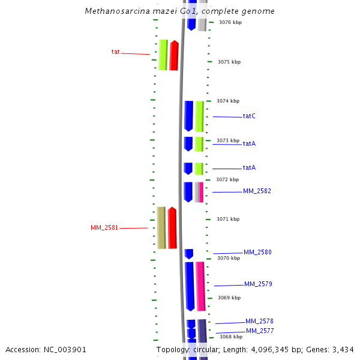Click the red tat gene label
click(115, 52)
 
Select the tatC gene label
click(249, 116)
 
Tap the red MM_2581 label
click(104, 228)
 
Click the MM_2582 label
click(257, 191)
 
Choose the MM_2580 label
click(257, 252)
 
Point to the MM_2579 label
click(258, 284)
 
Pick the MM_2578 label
click(259, 321)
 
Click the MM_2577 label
click(260, 331)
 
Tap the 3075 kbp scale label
click(229, 62)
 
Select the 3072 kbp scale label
click(227, 179)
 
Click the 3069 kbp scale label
click(229, 298)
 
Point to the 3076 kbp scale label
click(230, 22)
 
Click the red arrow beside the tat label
click(174, 55)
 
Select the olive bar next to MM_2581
click(161, 228)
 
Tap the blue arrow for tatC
click(188, 116)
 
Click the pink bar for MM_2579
click(200, 286)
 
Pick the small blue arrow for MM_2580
click(188, 253)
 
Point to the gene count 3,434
click(343, 349)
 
